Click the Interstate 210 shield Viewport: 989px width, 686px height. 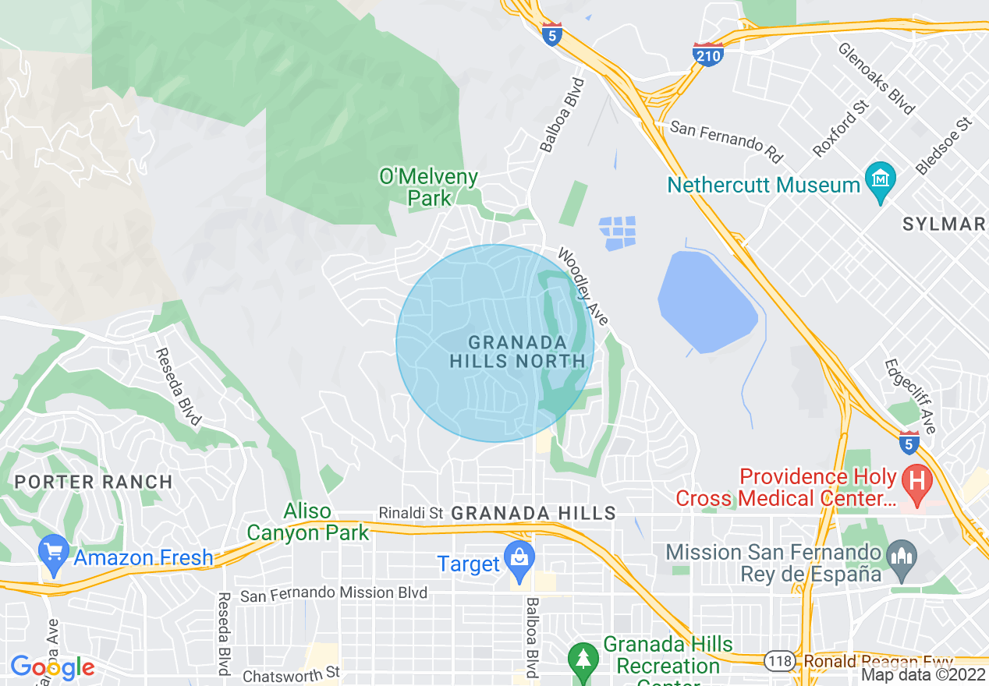(707, 55)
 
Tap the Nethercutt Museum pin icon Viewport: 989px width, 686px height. (881, 182)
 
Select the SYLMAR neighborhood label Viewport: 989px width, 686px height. (944, 225)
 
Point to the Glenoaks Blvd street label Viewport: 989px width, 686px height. (876, 78)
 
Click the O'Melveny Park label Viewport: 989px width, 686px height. (428, 187)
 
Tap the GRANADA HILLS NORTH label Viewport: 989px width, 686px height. (517, 352)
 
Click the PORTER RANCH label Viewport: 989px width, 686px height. (94, 482)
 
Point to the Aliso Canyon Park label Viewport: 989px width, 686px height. (307, 522)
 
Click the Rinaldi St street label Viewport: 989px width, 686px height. (410, 513)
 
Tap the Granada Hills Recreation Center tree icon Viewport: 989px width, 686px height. (583, 657)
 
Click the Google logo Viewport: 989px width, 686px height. (52, 668)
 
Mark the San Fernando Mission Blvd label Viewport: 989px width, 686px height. (334, 594)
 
